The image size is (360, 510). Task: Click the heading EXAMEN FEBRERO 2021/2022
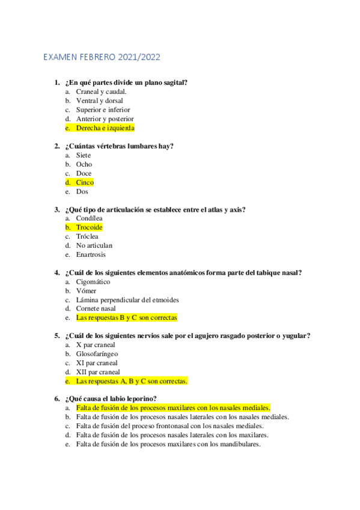[x=102, y=58]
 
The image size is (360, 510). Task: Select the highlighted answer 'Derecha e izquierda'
[x=105, y=128]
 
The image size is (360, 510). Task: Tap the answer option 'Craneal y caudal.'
[x=101, y=91]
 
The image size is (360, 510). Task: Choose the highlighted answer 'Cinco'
[x=85, y=182]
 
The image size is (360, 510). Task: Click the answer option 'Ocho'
[x=84, y=164]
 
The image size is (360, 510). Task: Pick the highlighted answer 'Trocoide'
[x=89, y=227]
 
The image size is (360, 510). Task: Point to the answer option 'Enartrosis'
[x=91, y=254]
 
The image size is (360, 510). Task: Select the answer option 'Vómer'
[x=86, y=290]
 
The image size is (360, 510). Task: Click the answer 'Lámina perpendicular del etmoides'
[x=127, y=300]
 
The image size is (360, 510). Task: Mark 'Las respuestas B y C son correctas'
[x=126, y=318]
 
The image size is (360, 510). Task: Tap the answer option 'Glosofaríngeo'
[x=97, y=354]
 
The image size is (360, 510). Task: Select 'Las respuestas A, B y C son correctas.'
[x=132, y=381]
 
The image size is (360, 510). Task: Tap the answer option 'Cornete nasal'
[x=96, y=309]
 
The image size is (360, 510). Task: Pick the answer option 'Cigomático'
[x=93, y=281]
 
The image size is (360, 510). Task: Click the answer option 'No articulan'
[x=94, y=245]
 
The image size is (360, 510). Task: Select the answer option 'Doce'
[x=84, y=173]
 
